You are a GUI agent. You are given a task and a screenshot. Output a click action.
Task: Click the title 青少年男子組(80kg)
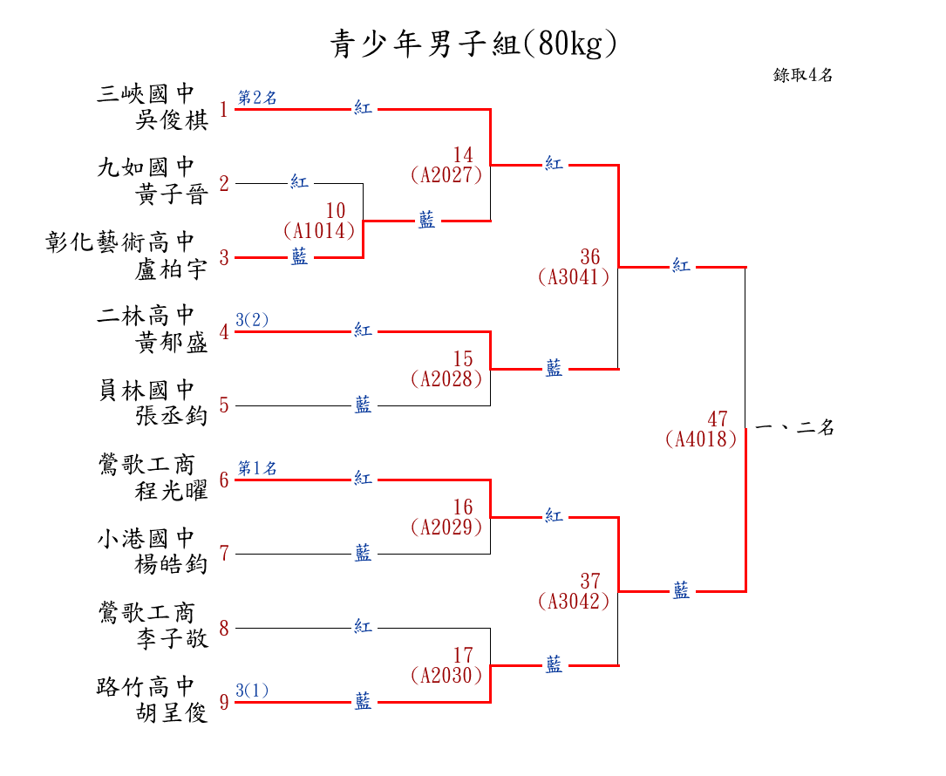point(473,43)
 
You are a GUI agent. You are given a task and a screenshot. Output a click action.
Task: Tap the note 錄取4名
point(803,75)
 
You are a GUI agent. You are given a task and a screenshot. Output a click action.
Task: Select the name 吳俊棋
point(173,120)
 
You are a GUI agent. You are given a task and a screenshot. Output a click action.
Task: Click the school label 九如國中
point(146,167)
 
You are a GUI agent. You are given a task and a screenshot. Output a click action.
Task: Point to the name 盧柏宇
point(173,269)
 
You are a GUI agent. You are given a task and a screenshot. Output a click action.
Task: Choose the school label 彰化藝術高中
point(120,242)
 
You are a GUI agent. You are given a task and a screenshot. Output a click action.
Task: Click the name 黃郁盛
point(173,343)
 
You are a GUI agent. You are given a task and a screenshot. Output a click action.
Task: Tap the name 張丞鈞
point(173,417)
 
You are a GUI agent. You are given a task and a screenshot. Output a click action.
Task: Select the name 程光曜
point(173,491)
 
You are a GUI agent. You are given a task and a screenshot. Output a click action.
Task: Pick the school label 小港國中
point(146,538)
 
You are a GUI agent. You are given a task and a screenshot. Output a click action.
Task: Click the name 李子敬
point(173,639)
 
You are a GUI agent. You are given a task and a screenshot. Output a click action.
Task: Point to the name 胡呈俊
point(173,713)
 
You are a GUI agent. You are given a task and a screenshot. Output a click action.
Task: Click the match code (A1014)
point(318,231)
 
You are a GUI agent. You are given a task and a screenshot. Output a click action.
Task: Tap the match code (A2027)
point(446,175)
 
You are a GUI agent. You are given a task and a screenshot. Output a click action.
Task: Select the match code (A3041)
point(573,277)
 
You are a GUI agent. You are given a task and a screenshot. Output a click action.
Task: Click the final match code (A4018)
point(700,439)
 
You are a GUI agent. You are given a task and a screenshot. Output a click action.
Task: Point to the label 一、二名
point(794,428)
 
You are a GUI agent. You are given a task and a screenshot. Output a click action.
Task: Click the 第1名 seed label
point(257,469)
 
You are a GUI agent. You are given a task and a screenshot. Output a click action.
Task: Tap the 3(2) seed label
point(252,320)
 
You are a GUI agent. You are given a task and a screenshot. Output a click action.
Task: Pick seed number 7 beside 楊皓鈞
point(224,554)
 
